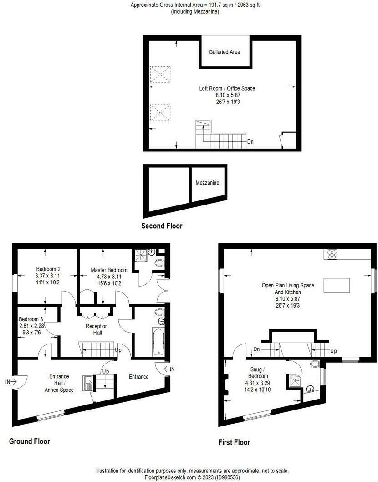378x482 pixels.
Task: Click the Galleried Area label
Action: click(224, 52)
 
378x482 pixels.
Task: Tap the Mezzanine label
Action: click(207, 183)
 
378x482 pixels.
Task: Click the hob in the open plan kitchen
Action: click(331, 254)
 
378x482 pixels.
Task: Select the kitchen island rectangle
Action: click(337, 285)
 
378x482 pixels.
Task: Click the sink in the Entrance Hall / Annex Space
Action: click(87, 383)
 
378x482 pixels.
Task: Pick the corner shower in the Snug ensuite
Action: click(293, 381)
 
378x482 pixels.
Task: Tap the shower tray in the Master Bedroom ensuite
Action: click(142, 256)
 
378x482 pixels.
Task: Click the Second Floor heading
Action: click(162, 226)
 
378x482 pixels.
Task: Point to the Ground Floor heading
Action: click(29, 441)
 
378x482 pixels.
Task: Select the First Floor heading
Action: click(234, 442)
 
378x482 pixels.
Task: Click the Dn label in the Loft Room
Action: click(250, 142)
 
